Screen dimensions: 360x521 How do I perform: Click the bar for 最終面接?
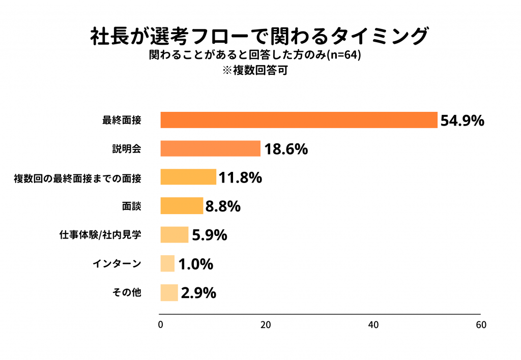(x=299, y=120)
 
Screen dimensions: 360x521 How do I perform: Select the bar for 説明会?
(x=210, y=148)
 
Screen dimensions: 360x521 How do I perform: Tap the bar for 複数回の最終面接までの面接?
(x=188, y=177)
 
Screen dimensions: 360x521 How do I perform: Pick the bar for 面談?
(x=182, y=206)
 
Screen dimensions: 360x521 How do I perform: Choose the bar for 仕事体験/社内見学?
(x=174, y=235)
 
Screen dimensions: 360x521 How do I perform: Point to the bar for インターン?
(x=167, y=264)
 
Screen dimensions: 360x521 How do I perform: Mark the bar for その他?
(x=169, y=293)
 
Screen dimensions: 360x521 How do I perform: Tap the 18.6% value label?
(x=285, y=149)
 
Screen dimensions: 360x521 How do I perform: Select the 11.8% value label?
(x=240, y=177)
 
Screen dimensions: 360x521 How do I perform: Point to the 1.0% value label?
(x=195, y=264)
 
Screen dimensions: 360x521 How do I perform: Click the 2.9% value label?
(x=198, y=293)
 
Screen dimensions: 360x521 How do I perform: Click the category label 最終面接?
(x=122, y=121)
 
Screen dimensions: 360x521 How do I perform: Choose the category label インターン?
(x=117, y=264)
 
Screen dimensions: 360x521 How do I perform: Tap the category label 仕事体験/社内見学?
(x=100, y=235)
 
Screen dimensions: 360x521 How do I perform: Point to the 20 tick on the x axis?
(x=265, y=325)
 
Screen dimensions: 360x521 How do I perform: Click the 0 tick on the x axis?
(x=161, y=325)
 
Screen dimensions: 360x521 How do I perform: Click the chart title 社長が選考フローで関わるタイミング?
(x=259, y=37)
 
